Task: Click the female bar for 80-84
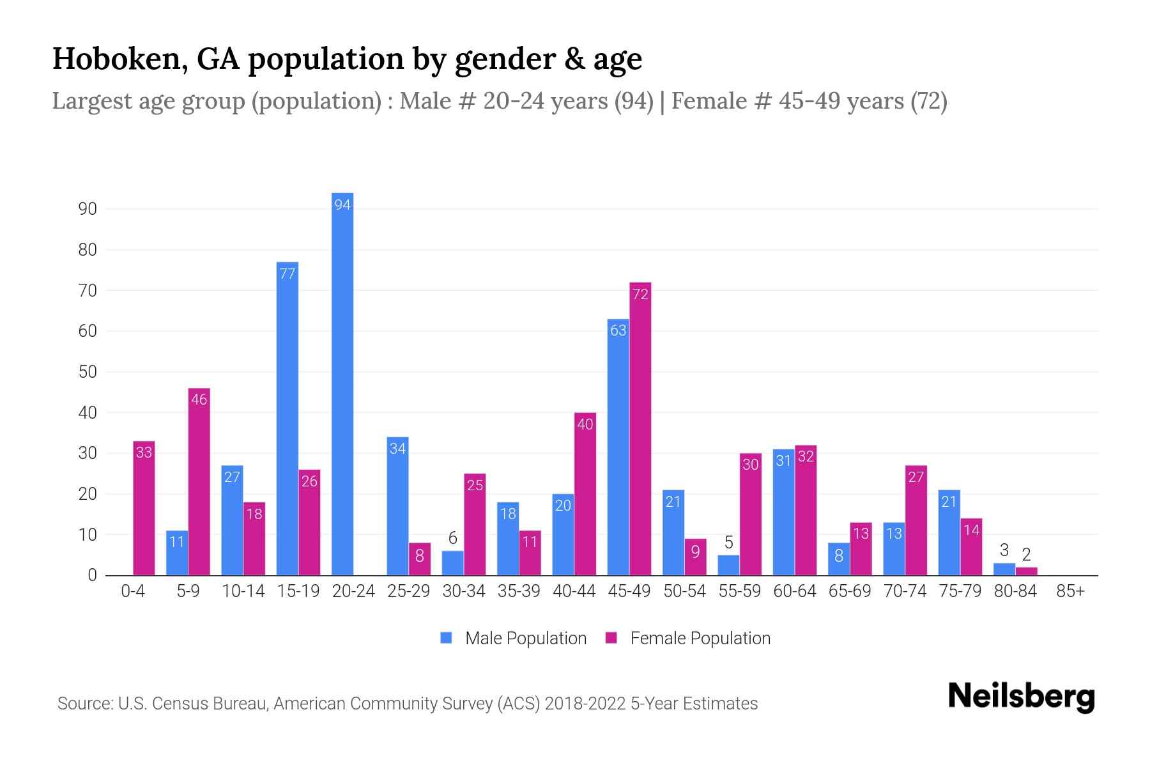tap(1026, 571)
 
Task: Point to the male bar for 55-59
tap(728, 565)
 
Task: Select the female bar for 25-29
tap(420, 559)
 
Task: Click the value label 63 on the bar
tap(618, 330)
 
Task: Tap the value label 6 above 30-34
tap(452, 538)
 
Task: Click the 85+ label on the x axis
tap(1070, 591)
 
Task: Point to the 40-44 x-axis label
tap(574, 591)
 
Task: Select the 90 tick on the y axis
tap(88, 209)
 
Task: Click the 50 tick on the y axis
tap(88, 372)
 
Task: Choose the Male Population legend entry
tap(525, 638)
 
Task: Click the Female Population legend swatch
tap(611, 638)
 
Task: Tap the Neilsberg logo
tap(1021, 697)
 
